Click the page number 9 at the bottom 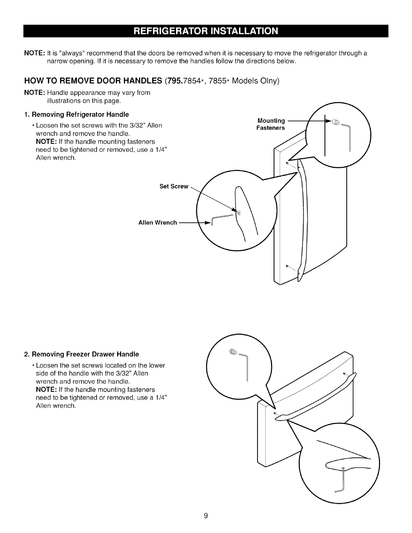point(206,516)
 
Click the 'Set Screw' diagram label point(174,186)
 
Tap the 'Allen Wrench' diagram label point(158,222)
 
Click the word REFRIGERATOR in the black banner point(171,31)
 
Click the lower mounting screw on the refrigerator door point(287,266)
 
